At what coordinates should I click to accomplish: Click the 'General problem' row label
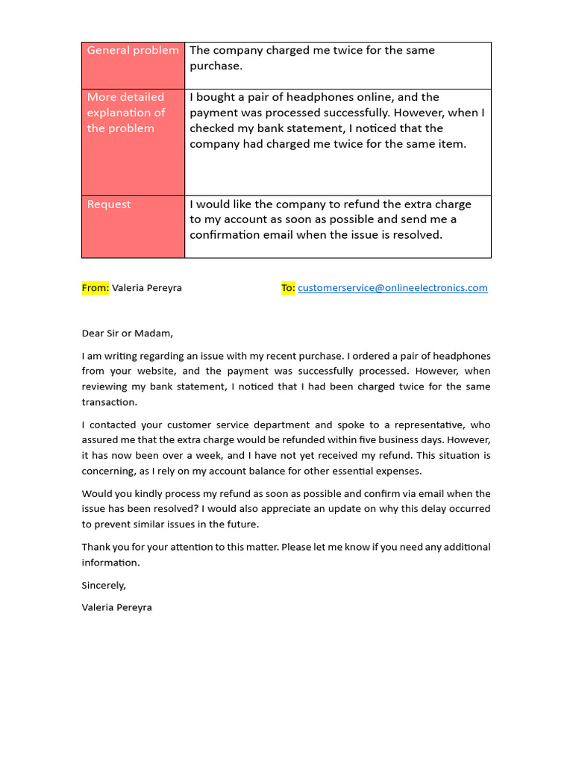coord(133,51)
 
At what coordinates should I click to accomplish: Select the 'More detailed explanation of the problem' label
coord(125,113)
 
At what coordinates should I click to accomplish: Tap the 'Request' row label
coord(109,204)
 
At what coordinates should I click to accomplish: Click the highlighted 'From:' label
coord(95,288)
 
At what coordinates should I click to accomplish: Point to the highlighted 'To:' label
coord(288,288)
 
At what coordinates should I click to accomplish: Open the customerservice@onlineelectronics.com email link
coord(392,288)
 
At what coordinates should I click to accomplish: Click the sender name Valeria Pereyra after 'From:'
coord(147,288)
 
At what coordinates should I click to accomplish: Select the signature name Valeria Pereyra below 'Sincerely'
coord(117,607)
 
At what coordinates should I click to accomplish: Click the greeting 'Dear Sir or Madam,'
coord(127,334)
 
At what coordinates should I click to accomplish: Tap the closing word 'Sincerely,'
coord(104,586)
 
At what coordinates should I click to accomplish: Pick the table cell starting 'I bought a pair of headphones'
coord(336,121)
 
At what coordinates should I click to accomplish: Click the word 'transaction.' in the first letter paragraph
coord(110,402)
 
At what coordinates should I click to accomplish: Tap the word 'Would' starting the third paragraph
coord(96,494)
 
